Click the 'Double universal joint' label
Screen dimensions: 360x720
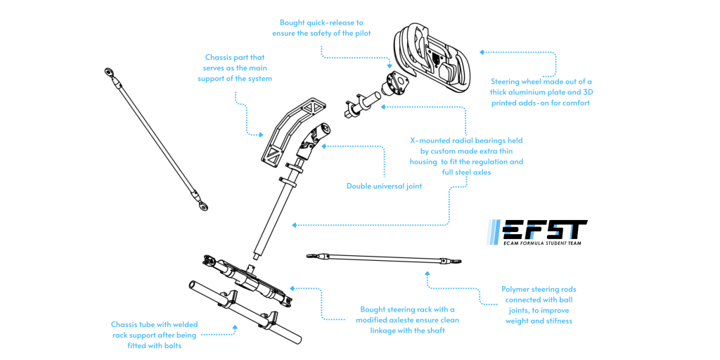tap(384, 186)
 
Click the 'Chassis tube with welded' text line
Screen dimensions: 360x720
tap(155, 325)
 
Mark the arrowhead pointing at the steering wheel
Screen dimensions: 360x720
tap(482, 51)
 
